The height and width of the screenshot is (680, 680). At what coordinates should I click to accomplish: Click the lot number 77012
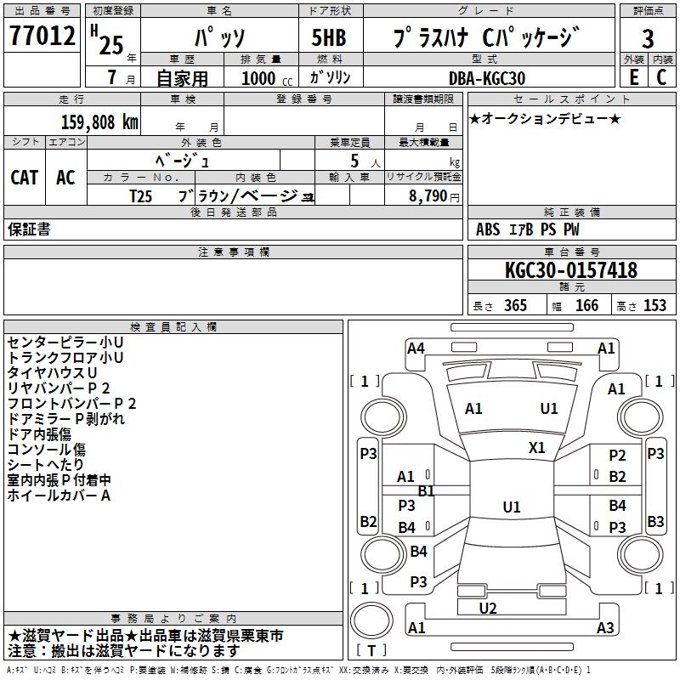(42, 36)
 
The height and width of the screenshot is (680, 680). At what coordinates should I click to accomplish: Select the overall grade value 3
(648, 38)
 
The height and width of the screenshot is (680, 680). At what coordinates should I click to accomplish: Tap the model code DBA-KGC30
(486, 78)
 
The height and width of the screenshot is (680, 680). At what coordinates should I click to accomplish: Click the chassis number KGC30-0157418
(570, 271)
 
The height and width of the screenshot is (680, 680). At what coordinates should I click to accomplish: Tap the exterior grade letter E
(633, 77)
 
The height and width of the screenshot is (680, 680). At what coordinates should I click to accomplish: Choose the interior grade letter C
(661, 77)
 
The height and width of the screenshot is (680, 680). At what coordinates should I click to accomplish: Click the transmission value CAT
(25, 177)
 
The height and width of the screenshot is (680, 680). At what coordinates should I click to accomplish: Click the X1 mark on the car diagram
(537, 447)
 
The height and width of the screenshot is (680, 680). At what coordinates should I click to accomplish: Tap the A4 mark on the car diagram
(416, 348)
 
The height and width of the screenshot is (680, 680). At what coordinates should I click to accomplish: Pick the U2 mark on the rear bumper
(488, 608)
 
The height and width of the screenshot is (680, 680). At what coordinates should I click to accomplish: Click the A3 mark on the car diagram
(605, 628)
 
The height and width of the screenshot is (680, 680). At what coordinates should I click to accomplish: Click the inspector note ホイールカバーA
(59, 496)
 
